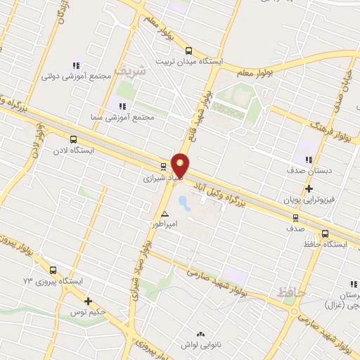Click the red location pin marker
point(181,166)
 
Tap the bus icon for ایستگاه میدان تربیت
point(188,51)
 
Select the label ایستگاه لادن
point(75,150)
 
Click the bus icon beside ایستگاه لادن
point(74,139)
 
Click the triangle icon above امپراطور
point(165,214)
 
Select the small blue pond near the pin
point(184,205)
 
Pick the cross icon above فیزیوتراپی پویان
point(309,188)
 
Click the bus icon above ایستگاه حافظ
point(325,233)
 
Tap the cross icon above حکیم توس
point(88,301)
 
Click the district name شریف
point(133,70)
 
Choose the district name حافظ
point(291,292)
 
